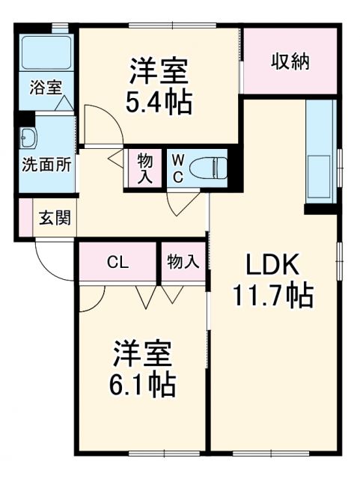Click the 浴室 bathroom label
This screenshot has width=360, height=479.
[46, 87]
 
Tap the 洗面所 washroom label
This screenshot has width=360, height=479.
[46, 164]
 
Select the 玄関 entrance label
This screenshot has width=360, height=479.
[55, 219]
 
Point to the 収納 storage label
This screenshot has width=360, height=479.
[290, 62]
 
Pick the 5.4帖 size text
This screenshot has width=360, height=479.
[159, 100]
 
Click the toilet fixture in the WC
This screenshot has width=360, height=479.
[205, 167]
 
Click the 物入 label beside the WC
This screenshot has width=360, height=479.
[144, 167]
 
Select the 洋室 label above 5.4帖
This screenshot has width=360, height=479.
[159, 71]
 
